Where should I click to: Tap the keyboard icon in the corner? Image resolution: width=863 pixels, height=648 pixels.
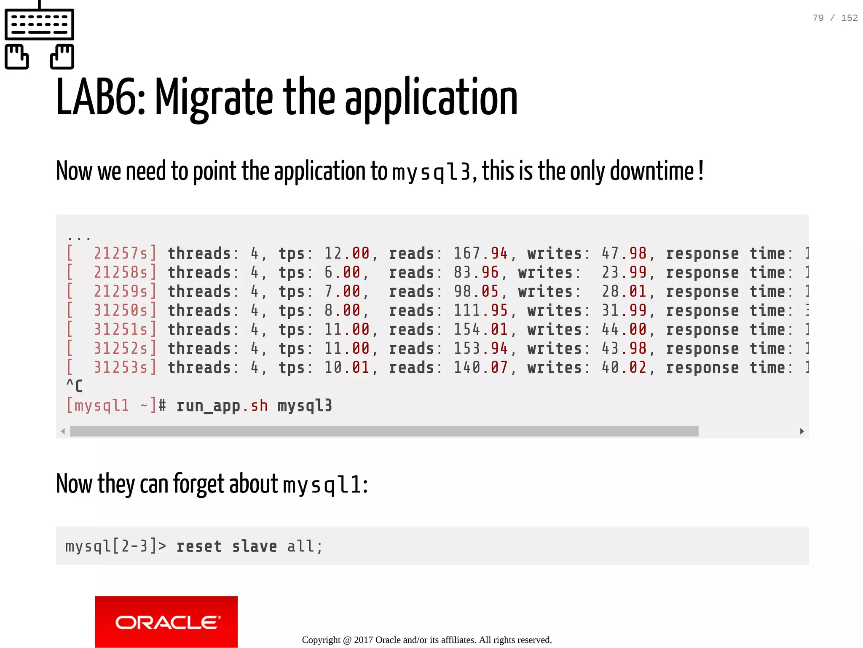pos(39,36)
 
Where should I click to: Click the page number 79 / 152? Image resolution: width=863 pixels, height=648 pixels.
pos(835,18)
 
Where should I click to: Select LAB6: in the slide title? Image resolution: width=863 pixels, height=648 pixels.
pos(101,98)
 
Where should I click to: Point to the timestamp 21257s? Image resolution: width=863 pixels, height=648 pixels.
pos(121,254)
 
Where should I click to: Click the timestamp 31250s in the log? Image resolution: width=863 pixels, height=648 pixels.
pos(121,311)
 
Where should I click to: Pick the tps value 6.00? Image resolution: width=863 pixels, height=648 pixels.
pos(342,273)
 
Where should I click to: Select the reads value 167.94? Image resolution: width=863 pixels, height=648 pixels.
pos(480,254)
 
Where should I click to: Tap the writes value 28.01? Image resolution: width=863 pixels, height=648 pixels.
pos(624,292)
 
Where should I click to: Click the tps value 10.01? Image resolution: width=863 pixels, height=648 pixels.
pos(346,368)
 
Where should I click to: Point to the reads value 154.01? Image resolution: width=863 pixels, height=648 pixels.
pos(480,330)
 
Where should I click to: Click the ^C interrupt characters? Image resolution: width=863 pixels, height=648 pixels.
pos(74,386)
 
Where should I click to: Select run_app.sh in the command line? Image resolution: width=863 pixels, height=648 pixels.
pos(222,406)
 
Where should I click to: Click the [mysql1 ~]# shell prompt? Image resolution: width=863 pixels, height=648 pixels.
pos(116,406)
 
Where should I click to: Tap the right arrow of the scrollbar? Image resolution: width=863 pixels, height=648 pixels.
pos(801,431)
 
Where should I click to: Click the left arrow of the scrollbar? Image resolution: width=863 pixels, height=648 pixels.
pos(63,431)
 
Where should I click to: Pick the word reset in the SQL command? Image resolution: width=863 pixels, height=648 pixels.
pos(198,546)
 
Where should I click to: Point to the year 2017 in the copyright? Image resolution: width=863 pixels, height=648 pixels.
pos(363,640)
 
